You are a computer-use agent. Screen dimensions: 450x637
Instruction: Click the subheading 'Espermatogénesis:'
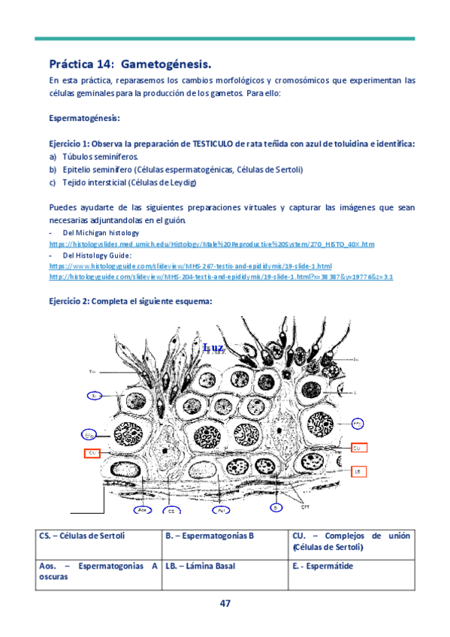coord(84,119)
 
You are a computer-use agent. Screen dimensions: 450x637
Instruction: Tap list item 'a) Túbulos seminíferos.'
coord(94,157)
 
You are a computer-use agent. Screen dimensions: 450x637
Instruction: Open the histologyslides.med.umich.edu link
coord(210,245)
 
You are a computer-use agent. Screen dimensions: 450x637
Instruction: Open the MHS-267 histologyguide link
coord(190,266)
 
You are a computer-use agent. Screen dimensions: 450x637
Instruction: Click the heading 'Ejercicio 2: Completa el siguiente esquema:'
coord(131,302)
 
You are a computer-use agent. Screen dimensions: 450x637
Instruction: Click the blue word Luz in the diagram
coord(214,349)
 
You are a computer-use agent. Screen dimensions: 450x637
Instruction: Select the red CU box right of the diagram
coord(358,447)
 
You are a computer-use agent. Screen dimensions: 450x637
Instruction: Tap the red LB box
coord(358,470)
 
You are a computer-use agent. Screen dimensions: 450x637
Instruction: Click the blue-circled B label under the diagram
coord(276,508)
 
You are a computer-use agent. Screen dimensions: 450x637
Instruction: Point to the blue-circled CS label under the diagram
coord(172,510)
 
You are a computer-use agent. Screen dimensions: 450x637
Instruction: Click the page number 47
coord(225,604)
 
